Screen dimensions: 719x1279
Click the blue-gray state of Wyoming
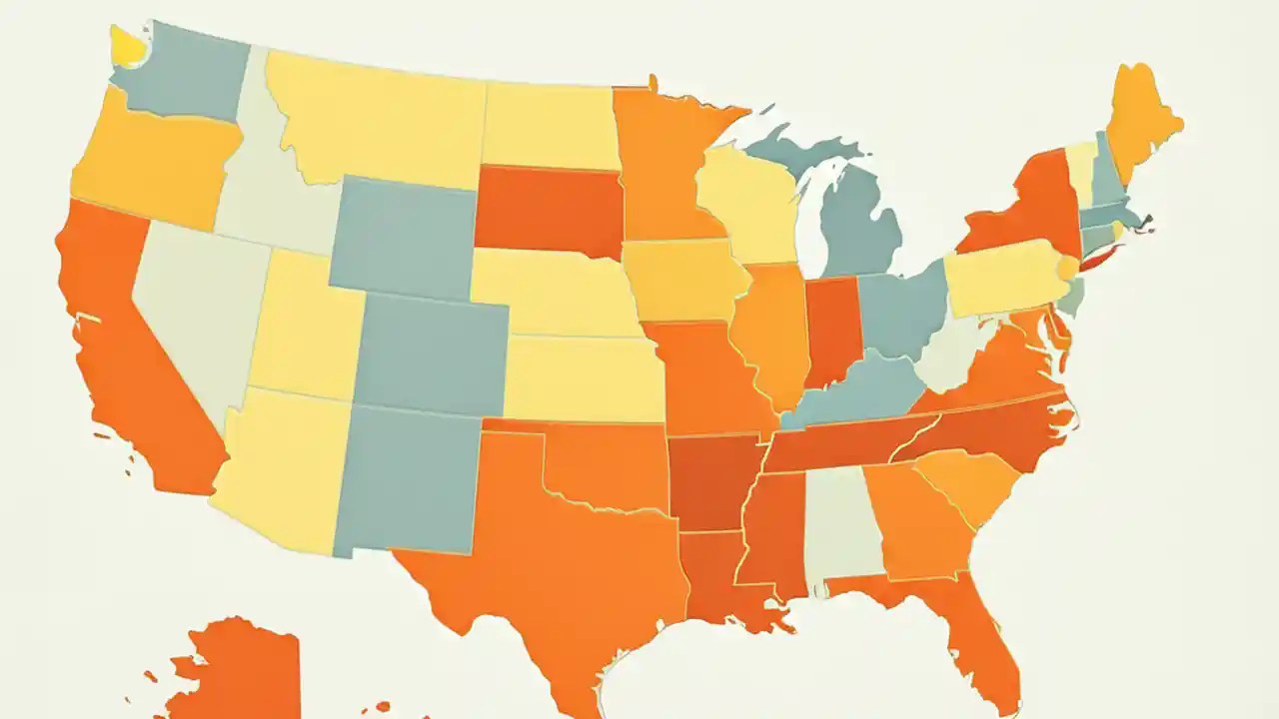404,236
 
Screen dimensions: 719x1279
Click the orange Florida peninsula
984,639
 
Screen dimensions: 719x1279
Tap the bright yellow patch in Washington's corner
127,44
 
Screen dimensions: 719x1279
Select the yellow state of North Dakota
549,125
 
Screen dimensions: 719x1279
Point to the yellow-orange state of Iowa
679,280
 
